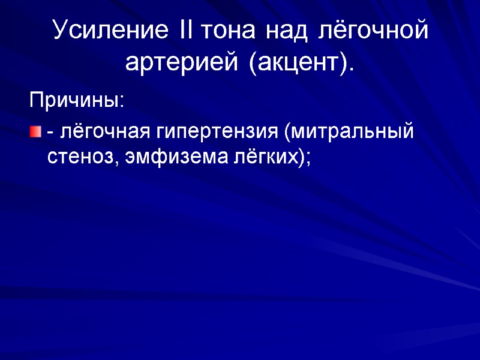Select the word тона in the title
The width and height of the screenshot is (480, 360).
(x=225, y=31)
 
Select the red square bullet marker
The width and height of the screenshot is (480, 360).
(x=35, y=131)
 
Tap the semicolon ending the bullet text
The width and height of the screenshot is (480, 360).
(x=309, y=160)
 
